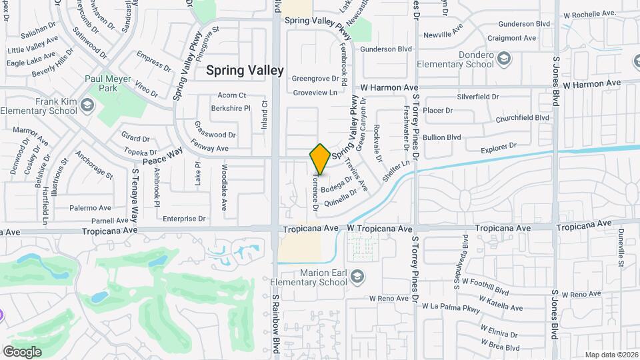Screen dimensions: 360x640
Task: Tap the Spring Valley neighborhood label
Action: point(245,70)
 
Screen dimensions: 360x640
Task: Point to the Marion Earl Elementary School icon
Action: point(357,275)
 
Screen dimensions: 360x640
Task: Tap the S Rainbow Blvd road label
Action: point(275,327)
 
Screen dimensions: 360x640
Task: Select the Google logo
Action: point(22,351)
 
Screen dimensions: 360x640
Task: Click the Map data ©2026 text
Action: point(611,355)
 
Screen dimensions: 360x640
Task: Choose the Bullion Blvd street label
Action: point(442,137)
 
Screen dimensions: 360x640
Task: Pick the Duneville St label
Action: point(620,253)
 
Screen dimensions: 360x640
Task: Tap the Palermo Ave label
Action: point(90,208)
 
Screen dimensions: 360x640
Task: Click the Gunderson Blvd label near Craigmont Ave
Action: point(525,24)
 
